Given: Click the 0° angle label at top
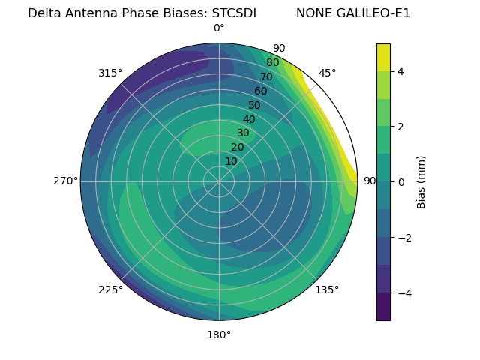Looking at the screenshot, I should [x=219, y=28].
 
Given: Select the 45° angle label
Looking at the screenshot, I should [x=327, y=73].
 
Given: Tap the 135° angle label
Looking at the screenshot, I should [x=327, y=289].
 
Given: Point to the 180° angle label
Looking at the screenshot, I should [x=219, y=334].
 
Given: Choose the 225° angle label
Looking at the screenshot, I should [x=110, y=289].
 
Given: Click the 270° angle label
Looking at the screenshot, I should [x=65, y=181].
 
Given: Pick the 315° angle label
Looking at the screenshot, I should [x=110, y=73].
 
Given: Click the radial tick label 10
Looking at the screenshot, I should [x=231, y=161].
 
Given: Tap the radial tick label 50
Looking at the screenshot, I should [x=255, y=105].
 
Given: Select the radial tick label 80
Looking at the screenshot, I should [x=273, y=63].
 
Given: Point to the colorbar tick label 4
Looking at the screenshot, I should [x=401, y=71].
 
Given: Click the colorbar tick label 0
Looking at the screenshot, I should [x=401, y=181].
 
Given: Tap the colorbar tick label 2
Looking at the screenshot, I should [x=401, y=127].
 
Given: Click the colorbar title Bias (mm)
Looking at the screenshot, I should [x=421, y=181].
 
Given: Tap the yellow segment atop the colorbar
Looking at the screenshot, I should [x=383, y=57].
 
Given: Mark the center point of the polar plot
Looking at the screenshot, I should [x=219, y=181].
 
